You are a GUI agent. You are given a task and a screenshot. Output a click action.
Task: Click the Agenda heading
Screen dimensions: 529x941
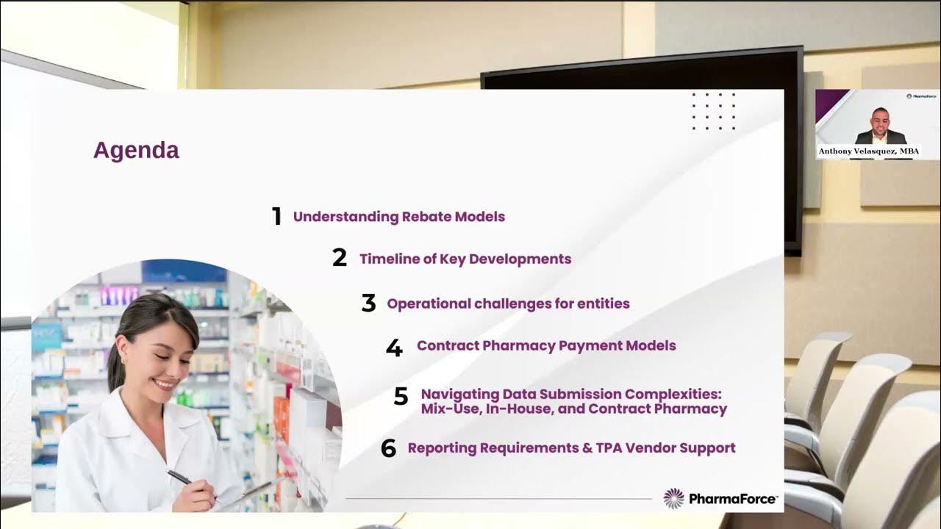click(136, 151)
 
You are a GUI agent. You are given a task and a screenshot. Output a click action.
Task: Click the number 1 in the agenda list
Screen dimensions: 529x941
click(276, 217)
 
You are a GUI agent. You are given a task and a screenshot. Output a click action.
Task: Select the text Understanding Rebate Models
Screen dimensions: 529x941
click(398, 217)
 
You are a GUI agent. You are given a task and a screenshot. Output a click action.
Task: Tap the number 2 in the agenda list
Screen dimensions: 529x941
click(339, 258)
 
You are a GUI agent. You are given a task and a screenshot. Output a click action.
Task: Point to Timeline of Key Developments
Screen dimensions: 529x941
click(465, 259)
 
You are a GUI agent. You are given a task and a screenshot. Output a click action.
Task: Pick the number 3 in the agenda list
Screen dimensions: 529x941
click(368, 303)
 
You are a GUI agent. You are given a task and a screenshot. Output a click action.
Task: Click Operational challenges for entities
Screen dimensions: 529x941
click(508, 303)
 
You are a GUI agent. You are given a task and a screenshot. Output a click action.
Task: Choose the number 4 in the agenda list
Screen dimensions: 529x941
click(394, 348)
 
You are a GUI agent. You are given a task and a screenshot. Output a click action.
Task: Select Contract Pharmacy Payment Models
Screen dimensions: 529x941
click(546, 345)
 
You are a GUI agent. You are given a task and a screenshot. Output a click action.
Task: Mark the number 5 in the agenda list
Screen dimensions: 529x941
click(401, 397)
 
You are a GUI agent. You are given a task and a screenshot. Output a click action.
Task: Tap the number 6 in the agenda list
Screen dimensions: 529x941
click(388, 448)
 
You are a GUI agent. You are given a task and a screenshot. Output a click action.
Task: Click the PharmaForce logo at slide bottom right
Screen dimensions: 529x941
click(720, 499)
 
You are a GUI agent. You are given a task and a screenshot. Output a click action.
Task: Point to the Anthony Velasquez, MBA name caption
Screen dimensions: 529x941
click(868, 151)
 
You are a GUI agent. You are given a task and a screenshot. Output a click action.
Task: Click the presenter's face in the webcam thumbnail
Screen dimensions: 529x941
click(880, 118)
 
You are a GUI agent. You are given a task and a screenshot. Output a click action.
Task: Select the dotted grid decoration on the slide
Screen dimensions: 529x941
click(713, 111)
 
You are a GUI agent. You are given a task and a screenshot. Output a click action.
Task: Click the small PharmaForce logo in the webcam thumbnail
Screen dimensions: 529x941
click(922, 96)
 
